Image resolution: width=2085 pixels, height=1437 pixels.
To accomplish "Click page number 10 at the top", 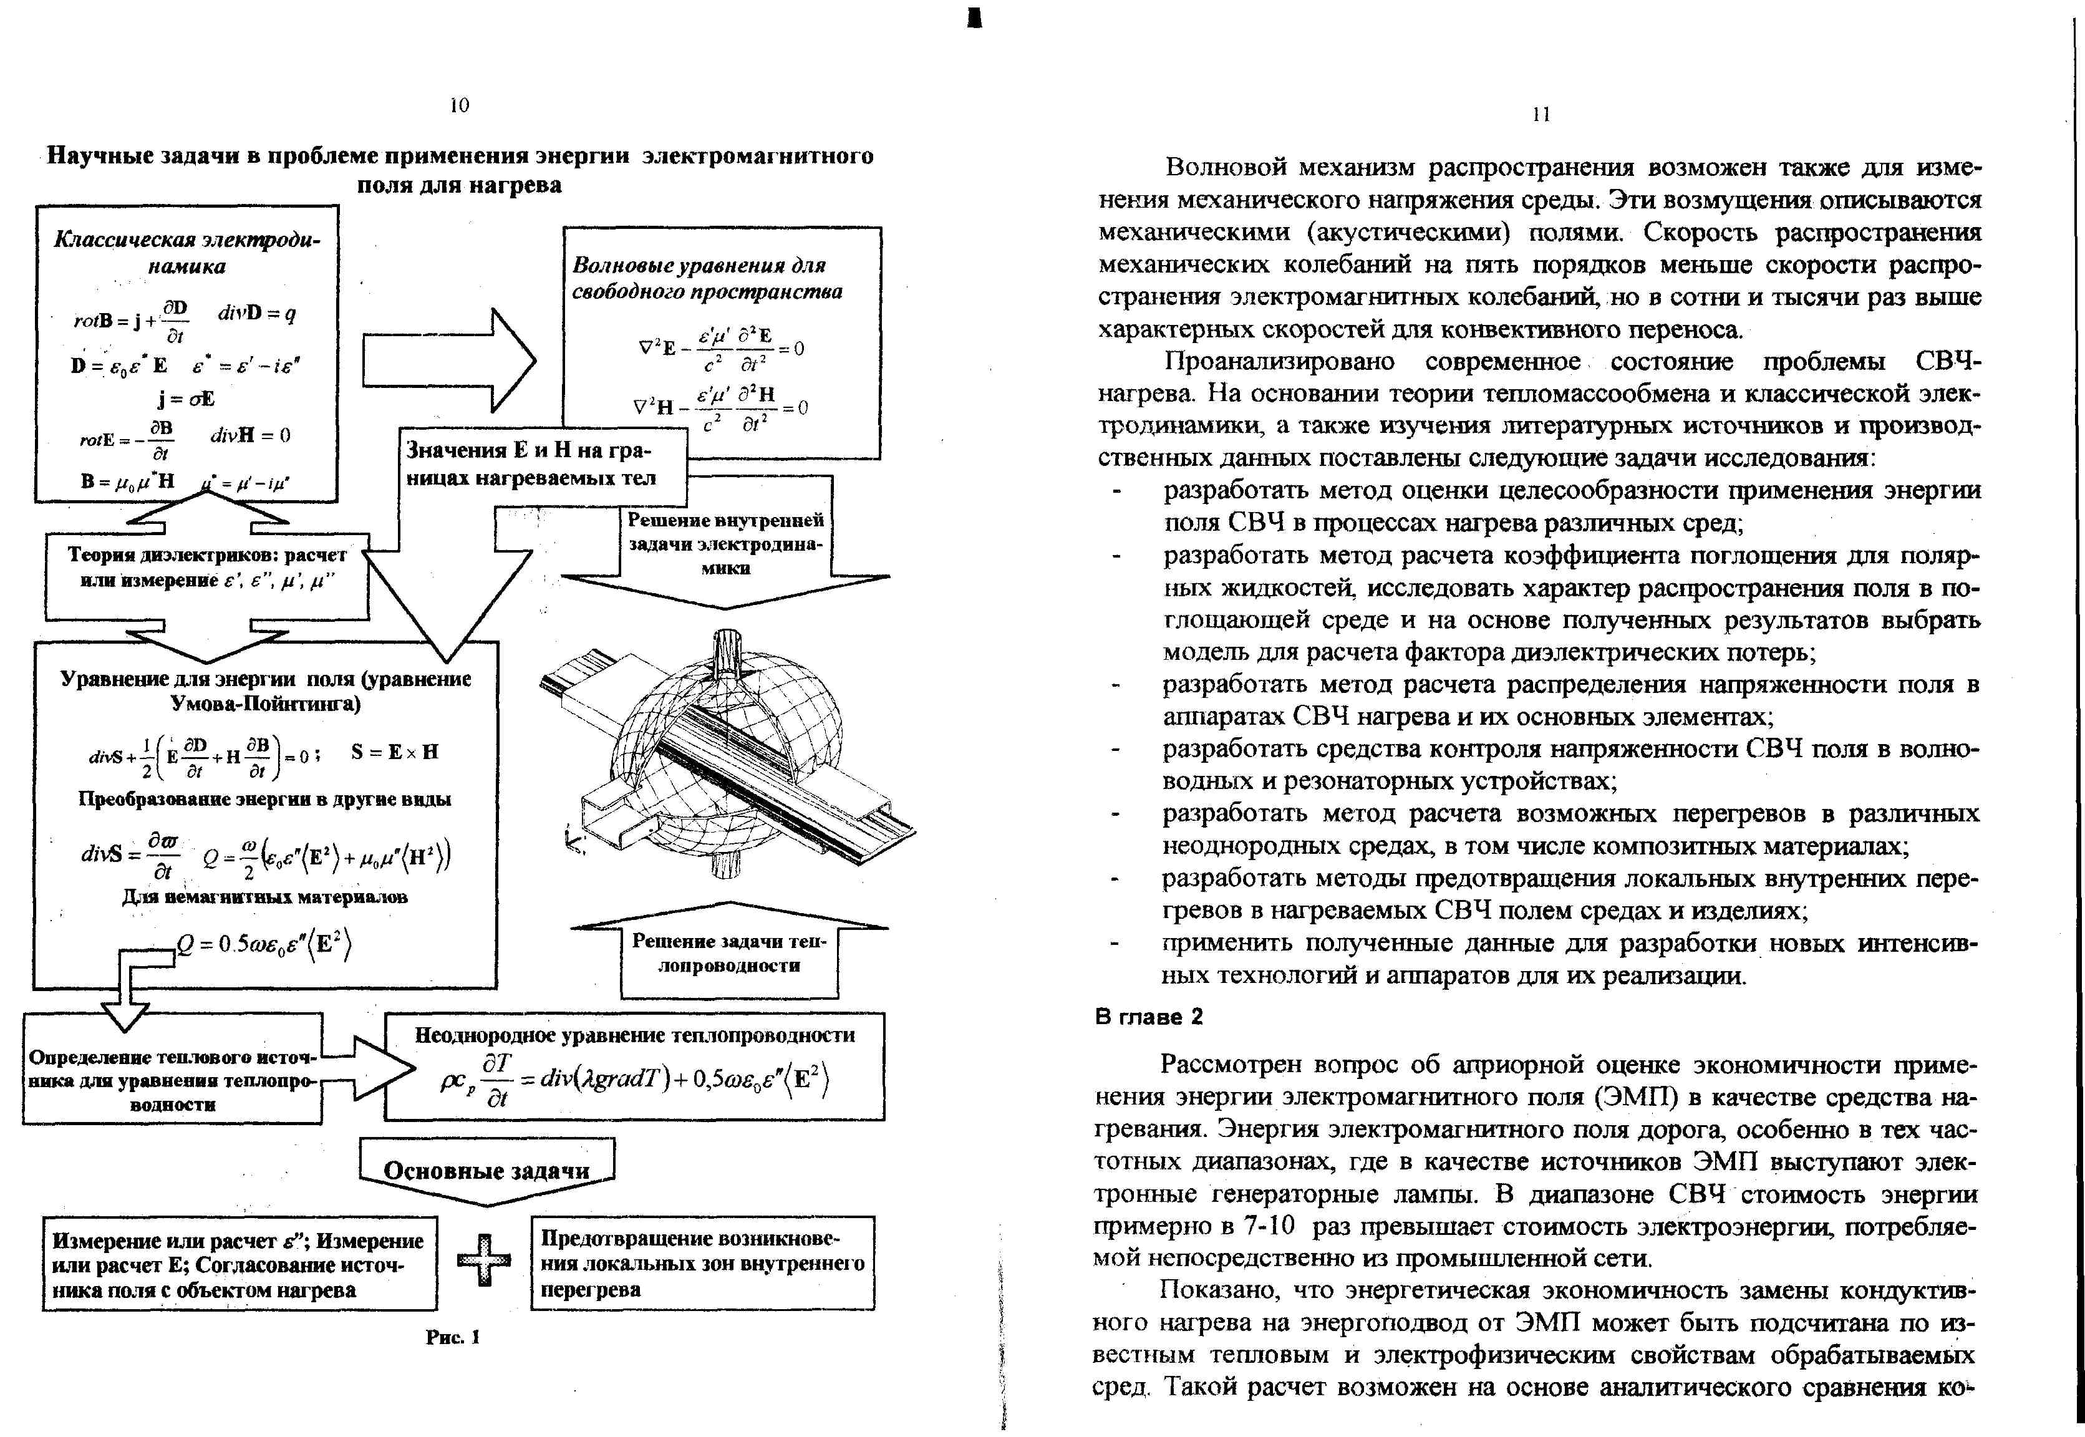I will [459, 105].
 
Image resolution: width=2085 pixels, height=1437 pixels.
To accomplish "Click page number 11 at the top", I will [1541, 114].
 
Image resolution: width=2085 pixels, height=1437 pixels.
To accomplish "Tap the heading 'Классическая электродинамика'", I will [186, 252].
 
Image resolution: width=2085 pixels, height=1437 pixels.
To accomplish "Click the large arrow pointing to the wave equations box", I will [450, 360].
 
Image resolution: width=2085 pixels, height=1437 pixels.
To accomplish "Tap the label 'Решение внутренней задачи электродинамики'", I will [725, 544].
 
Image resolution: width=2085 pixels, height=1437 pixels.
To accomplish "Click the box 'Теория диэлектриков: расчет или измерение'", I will [207, 567].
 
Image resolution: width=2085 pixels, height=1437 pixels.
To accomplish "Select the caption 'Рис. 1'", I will [453, 1337].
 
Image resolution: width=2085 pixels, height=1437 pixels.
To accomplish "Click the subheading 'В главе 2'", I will [1149, 1017].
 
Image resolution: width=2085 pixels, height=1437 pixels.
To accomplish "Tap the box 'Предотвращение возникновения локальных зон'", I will [702, 1263].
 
